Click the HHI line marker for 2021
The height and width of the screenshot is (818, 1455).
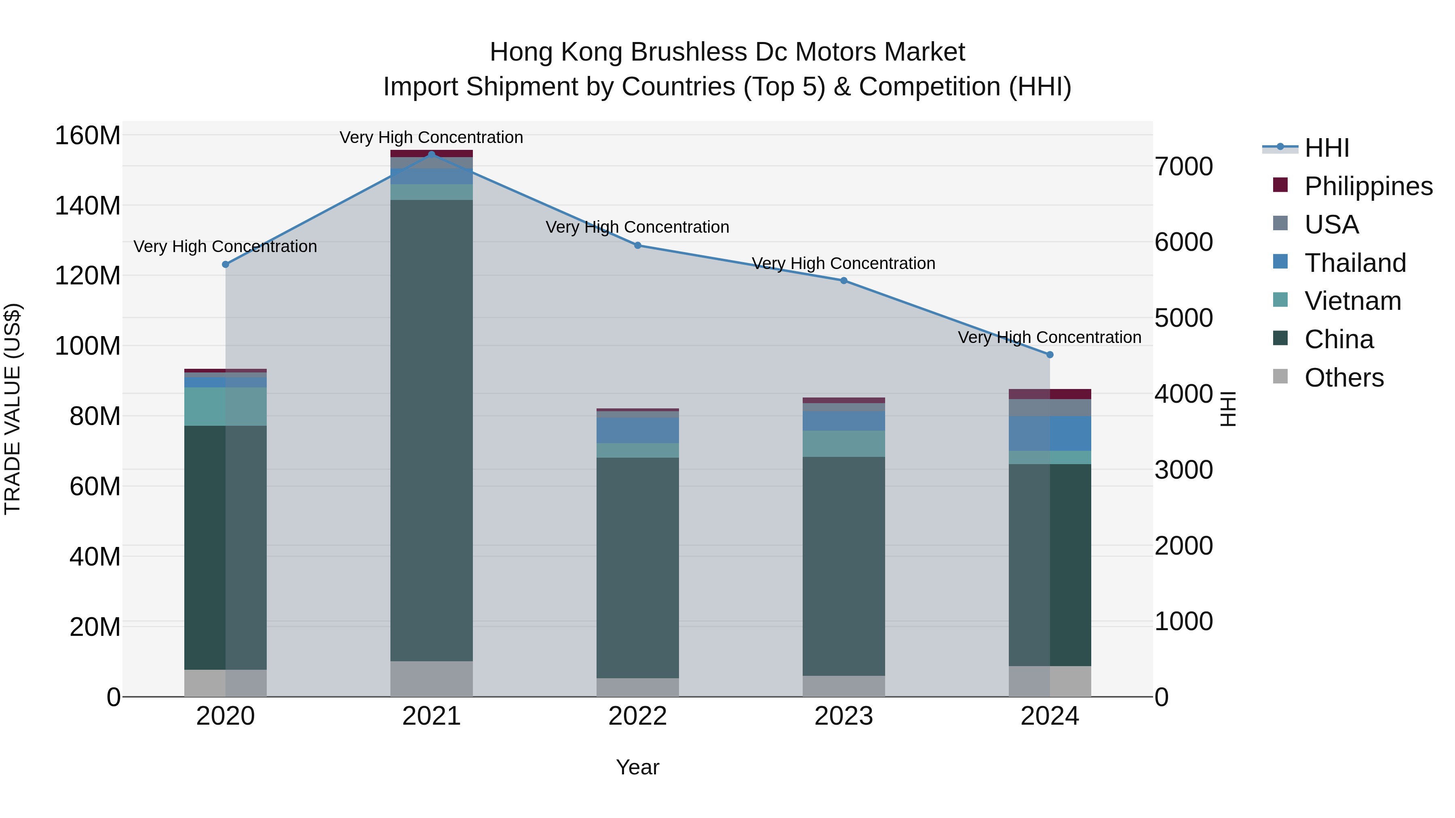coord(432,154)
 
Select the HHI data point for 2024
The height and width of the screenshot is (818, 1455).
coord(1050,355)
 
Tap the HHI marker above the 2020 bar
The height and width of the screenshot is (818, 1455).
coord(226,264)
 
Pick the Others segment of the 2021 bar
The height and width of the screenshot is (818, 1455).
coord(432,679)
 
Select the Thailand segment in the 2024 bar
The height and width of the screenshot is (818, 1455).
coord(1050,433)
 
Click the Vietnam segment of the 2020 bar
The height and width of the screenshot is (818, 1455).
coord(226,406)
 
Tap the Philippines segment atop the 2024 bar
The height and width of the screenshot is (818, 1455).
coord(1050,394)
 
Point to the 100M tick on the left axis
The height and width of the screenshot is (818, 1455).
coord(88,345)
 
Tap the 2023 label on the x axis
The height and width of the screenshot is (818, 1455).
coord(843,716)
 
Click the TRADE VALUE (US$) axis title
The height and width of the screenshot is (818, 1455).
coord(13,409)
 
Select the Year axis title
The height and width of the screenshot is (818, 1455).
coord(637,767)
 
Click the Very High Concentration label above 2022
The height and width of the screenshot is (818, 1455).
coord(637,227)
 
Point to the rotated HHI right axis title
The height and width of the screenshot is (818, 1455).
coord(1227,409)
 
